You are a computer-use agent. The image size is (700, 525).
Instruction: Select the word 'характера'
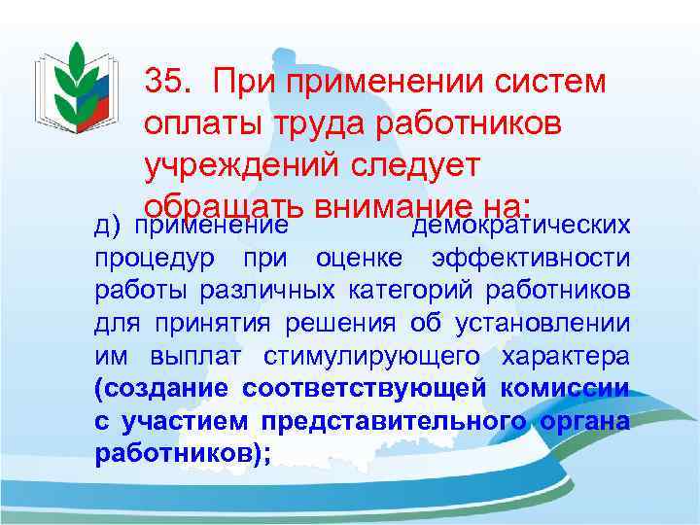565,356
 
